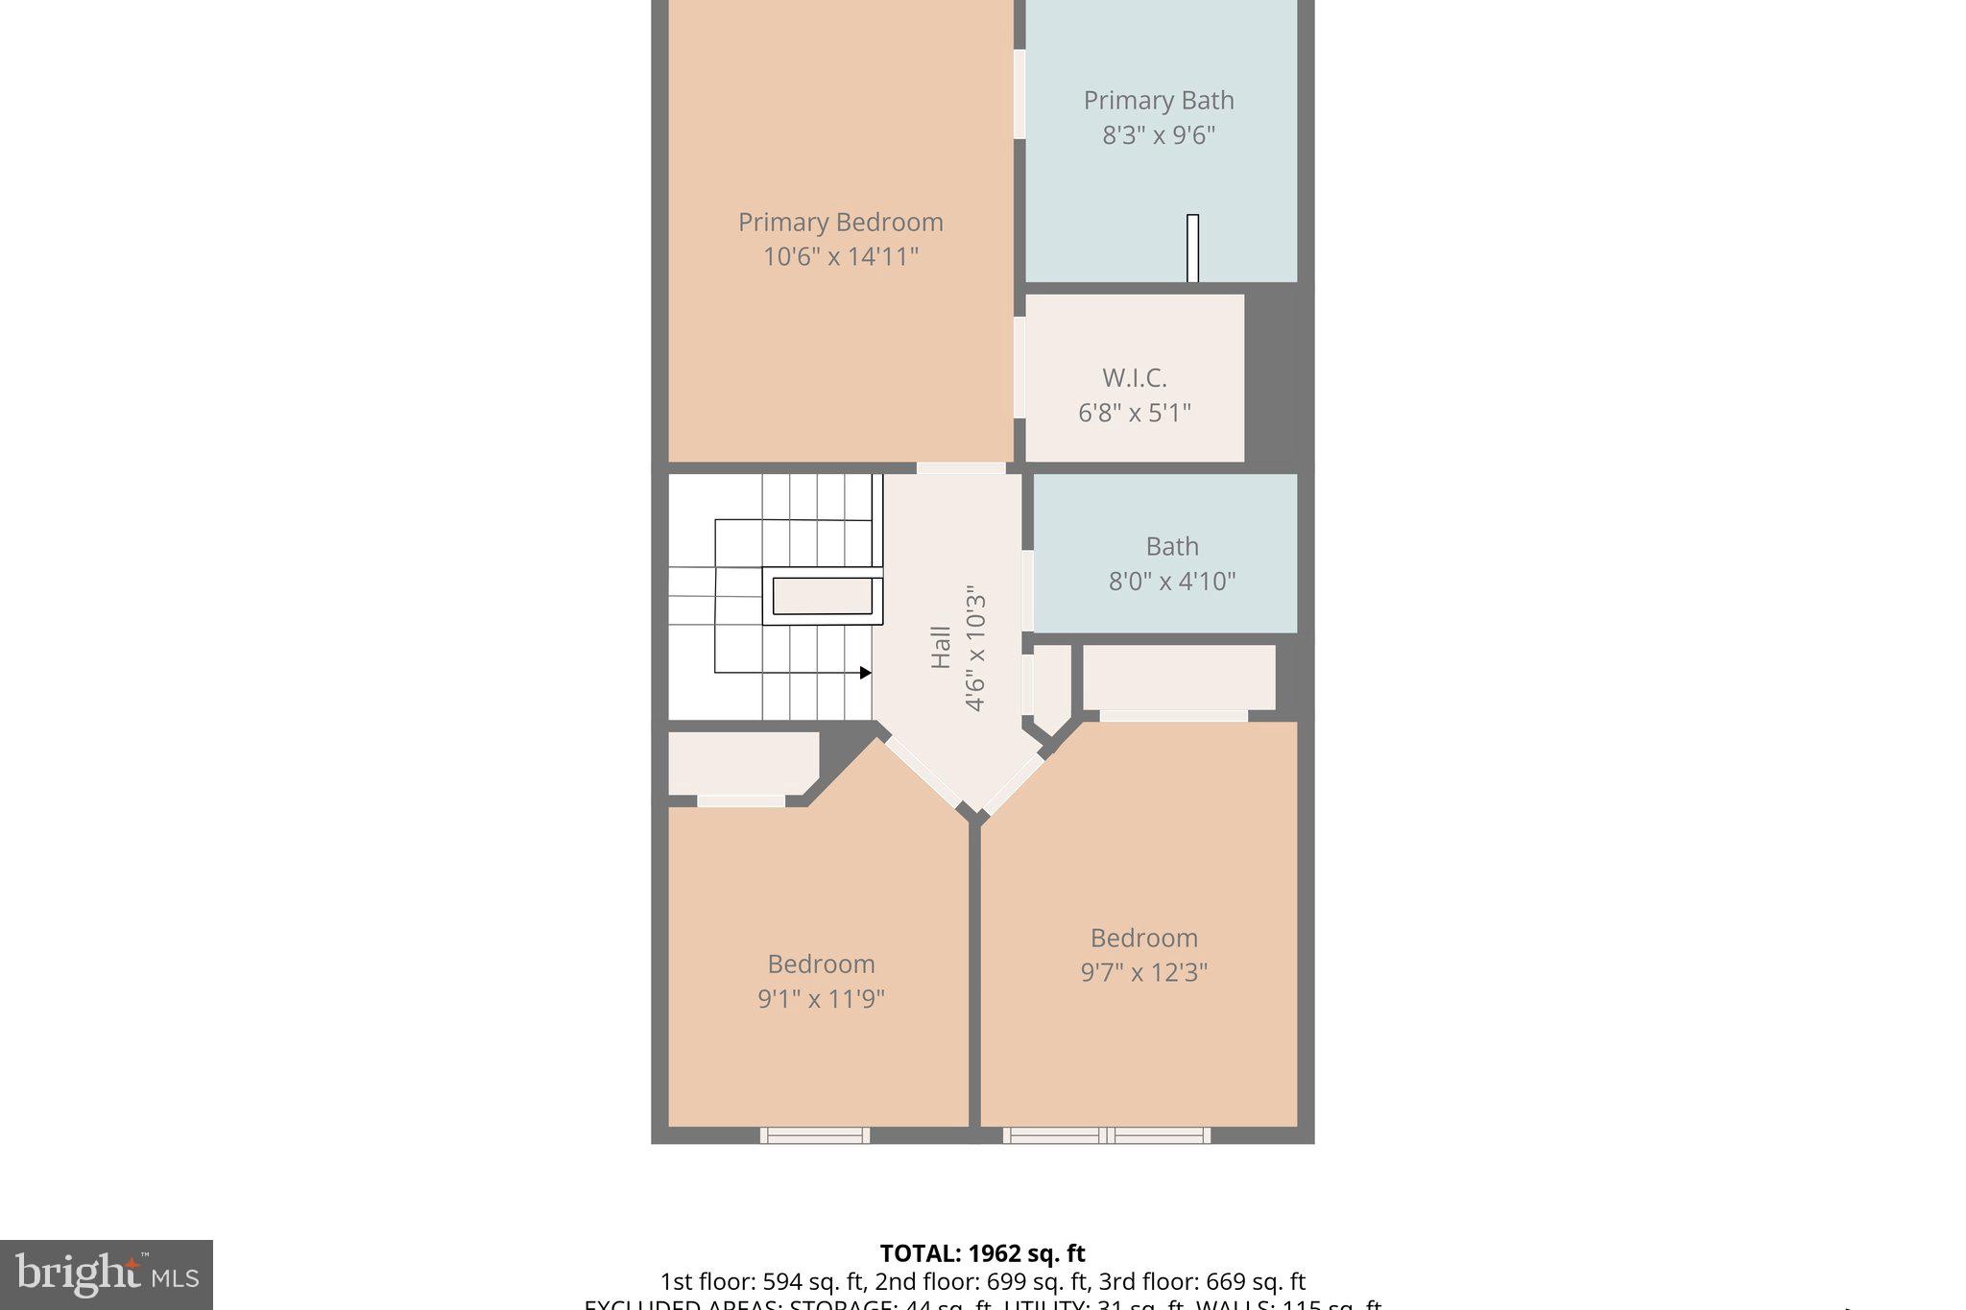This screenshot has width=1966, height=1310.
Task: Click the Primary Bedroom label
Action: pyautogui.click(x=840, y=223)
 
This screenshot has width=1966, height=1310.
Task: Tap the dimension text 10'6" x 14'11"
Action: pyautogui.click(x=840, y=257)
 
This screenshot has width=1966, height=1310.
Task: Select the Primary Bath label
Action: pyautogui.click(x=1159, y=101)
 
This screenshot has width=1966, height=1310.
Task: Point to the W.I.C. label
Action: pyautogui.click(x=1134, y=378)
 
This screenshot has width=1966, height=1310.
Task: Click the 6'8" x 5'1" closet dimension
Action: pyautogui.click(x=1134, y=414)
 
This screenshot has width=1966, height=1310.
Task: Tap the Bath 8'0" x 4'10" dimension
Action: pyautogui.click(x=1171, y=582)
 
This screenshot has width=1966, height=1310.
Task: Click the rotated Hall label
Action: pyautogui.click(x=941, y=648)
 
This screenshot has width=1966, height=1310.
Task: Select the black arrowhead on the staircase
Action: pyautogui.click(x=865, y=673)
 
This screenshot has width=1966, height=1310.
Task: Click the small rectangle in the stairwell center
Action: pyautogui.click(x=823, y=596)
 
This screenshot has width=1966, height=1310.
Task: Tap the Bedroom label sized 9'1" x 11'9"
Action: pyautogui.click(x=821, y=965)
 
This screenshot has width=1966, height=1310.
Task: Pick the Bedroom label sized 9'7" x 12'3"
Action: pyautogui.click(x=1143, y=939)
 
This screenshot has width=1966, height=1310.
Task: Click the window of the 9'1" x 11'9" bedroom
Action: pyautogui.click(x=815, y=1135)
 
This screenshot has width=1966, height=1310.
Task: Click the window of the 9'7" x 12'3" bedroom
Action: pyautogui.click(x=1107, y=1135)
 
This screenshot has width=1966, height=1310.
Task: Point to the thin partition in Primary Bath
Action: pyautogui.click(x=1192, y=249)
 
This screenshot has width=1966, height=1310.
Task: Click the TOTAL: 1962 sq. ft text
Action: pyautogui.click(x=982, y=1253)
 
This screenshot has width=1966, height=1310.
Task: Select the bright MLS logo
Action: pyautogui.click(x=107, y=1274)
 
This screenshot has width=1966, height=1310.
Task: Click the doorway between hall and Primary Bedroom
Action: pyautogui.click(x=961, y=468)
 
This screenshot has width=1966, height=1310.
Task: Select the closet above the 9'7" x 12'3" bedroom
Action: pyautogui.click(x=1179, y=678)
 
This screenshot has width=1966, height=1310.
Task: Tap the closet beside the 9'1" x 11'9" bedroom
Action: pyautogui.click(x=741, y=764)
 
